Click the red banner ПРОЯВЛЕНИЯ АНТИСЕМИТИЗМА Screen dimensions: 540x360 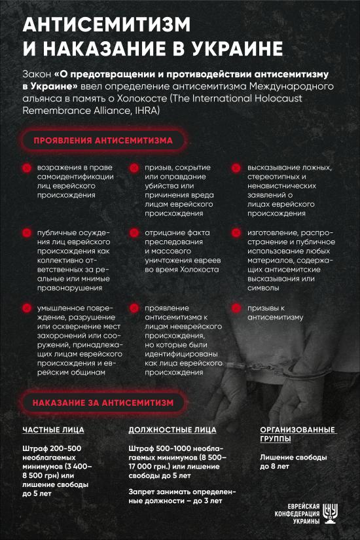click(x=103, y=141)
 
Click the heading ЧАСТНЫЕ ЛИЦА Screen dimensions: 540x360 click(x=53, y=430)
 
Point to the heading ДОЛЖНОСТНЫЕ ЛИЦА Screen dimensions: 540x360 click(x=172, y=430)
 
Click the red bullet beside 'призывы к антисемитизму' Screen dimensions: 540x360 click(x=236, y=308)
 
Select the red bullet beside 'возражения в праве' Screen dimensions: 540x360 click(x=26, y=168)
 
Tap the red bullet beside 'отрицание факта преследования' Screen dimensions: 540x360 click(x=133, y=232)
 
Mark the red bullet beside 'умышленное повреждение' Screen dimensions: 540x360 click(x=26, y=308)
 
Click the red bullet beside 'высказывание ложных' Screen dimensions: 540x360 click(x=236, y=168)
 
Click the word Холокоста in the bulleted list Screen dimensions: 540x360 click(x=199, y=270)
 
